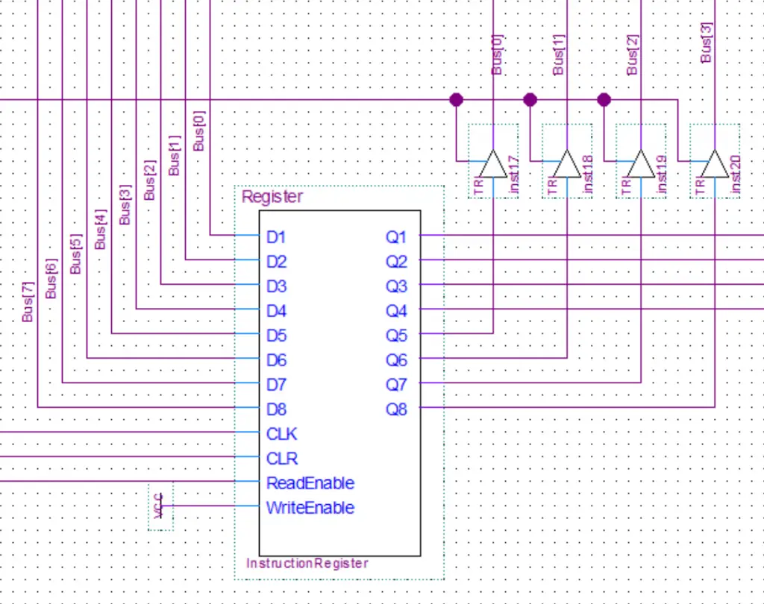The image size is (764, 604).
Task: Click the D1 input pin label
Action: click(x=276, y=237)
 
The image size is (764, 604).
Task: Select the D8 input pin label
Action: click(x=276, y=409)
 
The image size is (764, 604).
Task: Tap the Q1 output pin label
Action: click(x=396, y=237)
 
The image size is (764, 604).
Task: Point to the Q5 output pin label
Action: click(x=396, y=336)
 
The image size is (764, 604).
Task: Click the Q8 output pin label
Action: click(x=396, y=409)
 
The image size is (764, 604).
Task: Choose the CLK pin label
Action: click(x=282, y=434)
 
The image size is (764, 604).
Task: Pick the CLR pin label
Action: click(x=282, y=459)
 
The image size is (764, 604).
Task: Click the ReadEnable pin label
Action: click(x=310, y=483)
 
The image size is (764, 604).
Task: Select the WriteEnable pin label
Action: click(x=310, y=508)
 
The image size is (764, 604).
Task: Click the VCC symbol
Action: click(x=160, y=507)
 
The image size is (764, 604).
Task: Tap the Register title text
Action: click(x=272, y=197)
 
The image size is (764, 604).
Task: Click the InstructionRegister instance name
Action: click(x=307, y=563)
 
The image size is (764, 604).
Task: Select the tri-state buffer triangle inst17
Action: click(x=492, y=164)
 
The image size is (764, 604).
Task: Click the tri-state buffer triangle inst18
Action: click(x=566, y=164)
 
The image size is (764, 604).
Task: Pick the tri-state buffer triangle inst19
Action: click(x=640, y=164)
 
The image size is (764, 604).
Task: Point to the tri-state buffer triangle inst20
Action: click(x=714, y=164)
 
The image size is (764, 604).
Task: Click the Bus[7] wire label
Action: click(x=28, y=303)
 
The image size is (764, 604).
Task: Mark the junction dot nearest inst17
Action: click(x=456, y=99)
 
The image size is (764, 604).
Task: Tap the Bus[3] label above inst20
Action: click(x=707, y=42)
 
